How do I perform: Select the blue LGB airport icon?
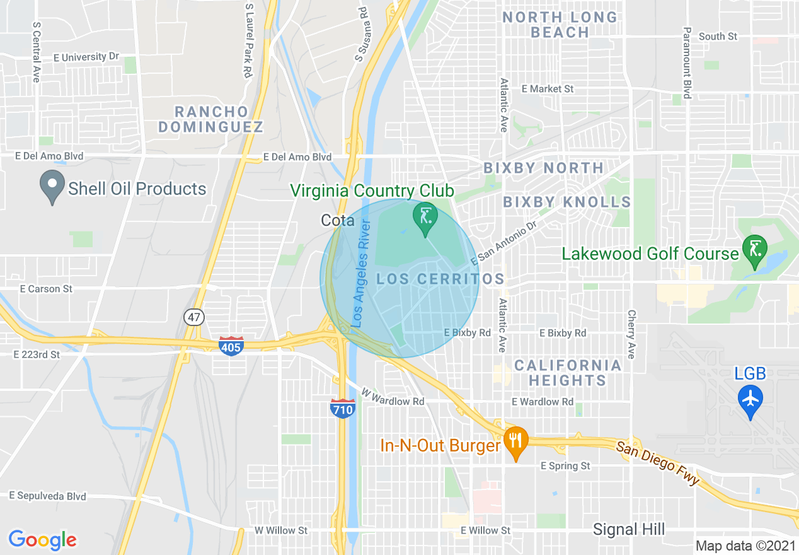pos(750,399)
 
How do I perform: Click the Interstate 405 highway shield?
pos(231,346)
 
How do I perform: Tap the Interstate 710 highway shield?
pos(342,409)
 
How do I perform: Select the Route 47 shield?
pos(195,317)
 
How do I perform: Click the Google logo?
pos(43,540)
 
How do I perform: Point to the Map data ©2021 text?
pos(745,545)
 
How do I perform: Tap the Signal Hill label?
pos(629,530)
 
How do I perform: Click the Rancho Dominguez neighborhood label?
pos(210,119)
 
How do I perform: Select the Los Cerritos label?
pos(440,279)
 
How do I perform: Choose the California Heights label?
pos(567,373)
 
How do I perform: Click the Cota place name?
pos(338,220)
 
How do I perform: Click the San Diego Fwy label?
pos(658,464)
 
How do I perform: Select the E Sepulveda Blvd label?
pos(49,496)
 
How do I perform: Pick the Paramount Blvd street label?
pos(687,62)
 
